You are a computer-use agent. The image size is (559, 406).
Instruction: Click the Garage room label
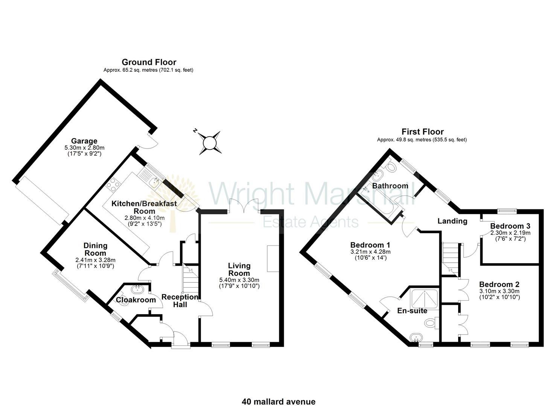pyautogui.click(x=84, y=141)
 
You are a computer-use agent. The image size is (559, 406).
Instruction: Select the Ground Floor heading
pyautogui.click(x=149, y=62)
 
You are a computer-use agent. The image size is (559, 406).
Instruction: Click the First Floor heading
pyautogui.click(x=422, y=132)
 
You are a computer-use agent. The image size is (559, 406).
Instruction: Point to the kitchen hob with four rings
pyautogui.click(x=113, y=185)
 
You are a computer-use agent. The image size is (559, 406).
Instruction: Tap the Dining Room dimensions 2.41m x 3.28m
pyautogui.click(x=95, y=260)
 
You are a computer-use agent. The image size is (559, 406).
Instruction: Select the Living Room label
pyautogui.click(x=239, y=270)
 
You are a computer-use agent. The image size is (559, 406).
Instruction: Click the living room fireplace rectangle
pyautogui.click(x=273, y=259)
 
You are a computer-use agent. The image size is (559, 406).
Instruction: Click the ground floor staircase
pyautogui.click(x=190, y=278)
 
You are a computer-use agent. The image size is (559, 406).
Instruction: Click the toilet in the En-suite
pyautogui.click(x=431, y=323)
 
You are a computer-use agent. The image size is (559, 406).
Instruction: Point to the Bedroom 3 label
pyautogui.click(x=510, y=226)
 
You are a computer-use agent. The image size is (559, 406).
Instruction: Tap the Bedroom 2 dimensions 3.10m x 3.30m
pyautogui.click(x=500, y=291)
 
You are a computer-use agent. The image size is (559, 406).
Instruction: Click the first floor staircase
pyautogui.click(x=451, y=260)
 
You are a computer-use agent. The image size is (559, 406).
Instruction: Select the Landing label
pyautogui.click(x=452, y=221)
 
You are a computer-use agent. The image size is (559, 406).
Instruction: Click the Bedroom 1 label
pyautogui.click(x=370, y=245)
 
